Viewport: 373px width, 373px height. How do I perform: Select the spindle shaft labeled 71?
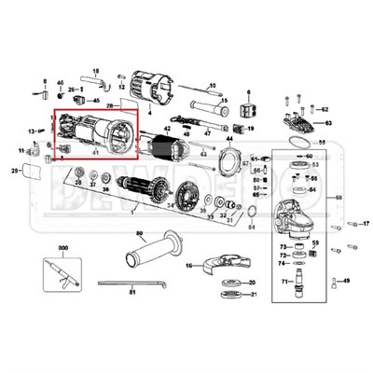click(x=297, y=282)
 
